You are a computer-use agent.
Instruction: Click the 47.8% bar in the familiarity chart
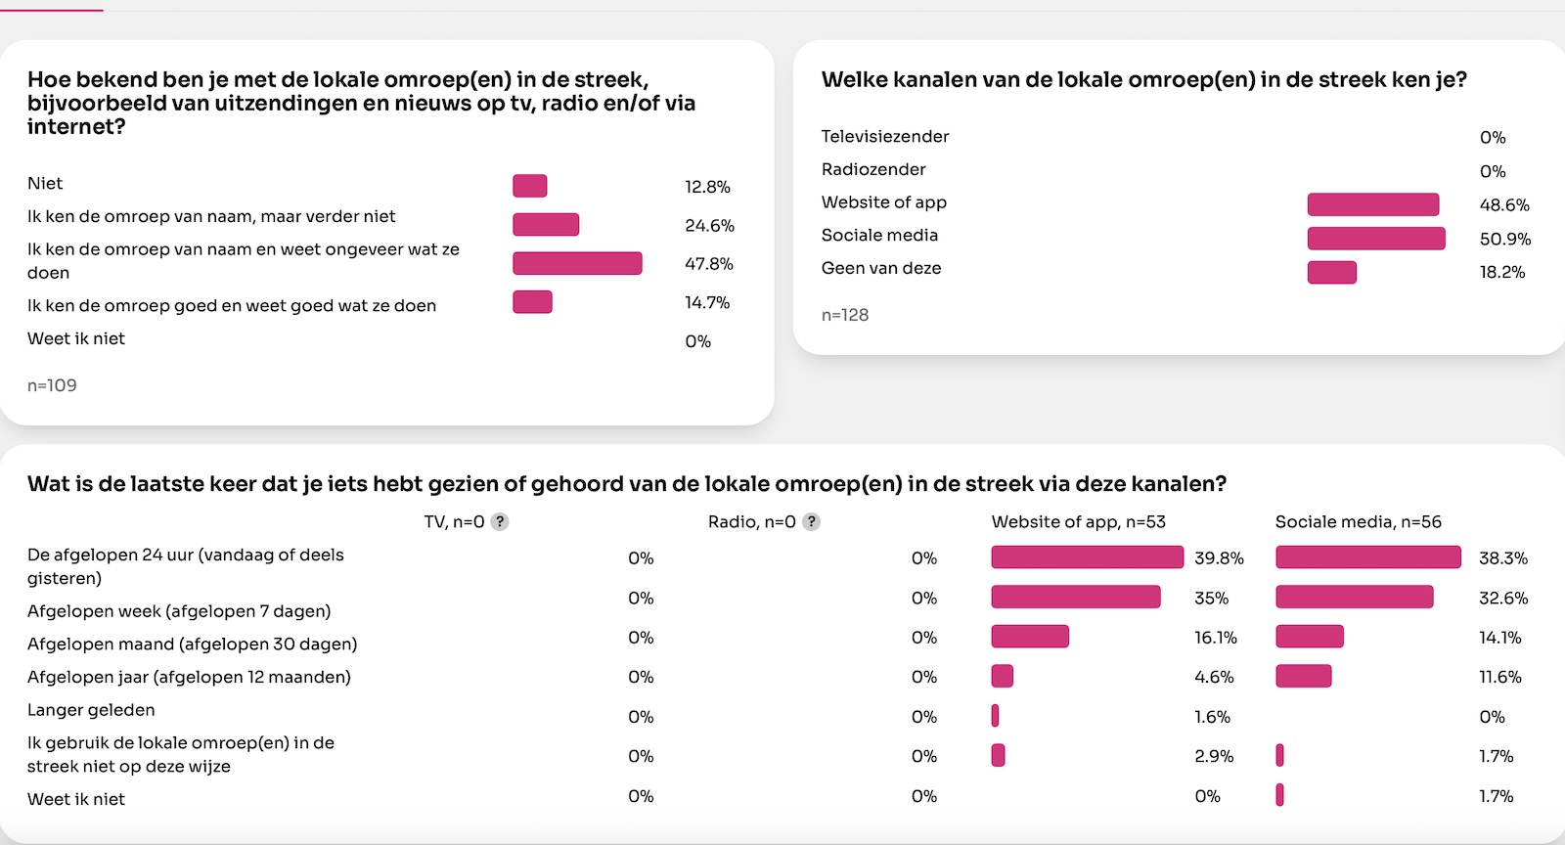click(x=577, y=263)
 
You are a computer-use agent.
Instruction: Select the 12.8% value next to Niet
click(x=707, y=187)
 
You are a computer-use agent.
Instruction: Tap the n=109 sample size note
click(x=52, y=385)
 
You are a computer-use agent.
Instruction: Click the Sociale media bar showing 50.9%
click(x=1375, y=239)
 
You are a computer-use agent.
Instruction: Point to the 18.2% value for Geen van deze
click(x=1501, y=272)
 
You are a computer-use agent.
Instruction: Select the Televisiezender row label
click(x=885, y=136)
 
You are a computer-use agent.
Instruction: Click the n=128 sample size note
click(x=845, y=315)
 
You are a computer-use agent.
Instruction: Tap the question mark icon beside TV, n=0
click(x=500, y=522)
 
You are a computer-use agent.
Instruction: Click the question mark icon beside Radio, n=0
click(x=811, y=522)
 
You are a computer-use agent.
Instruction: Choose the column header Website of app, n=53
click(x=1078, y=522)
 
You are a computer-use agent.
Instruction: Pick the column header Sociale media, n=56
click(x=1358, y=522)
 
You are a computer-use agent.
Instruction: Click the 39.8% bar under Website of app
click(x=1087, y=557)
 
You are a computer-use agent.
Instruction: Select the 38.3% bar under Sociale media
click(x=1367, y=557)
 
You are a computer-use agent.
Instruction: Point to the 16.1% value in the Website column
click(x=1215, y=638)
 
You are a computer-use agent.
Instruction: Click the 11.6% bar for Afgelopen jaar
click(x=1303, y=676)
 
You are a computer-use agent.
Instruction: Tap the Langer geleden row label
click(x=91, y=710)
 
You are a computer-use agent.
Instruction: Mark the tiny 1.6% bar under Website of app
click(x=995, y=716)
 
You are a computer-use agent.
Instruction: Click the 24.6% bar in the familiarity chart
click(x=546, y=225)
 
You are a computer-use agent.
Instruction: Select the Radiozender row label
click(x=873, y=169)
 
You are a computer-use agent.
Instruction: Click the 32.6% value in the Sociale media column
click(x=1502, y=598)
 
